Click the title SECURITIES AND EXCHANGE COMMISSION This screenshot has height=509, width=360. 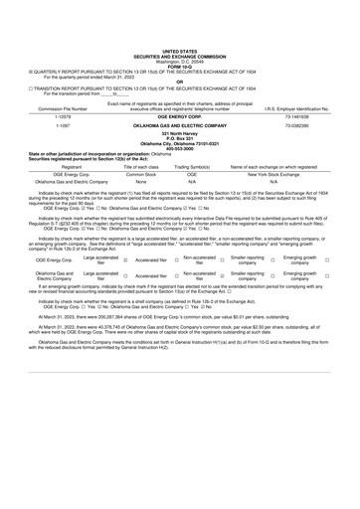pyautogui.click(x=179, y=28)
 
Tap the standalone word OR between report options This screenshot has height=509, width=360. pyautogui.click(x=179, y=55)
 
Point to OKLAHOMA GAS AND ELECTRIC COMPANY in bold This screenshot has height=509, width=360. pyautogui.click(x=179, y=97)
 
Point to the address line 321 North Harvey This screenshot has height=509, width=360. pyautogui.click(x=179, y=105)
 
